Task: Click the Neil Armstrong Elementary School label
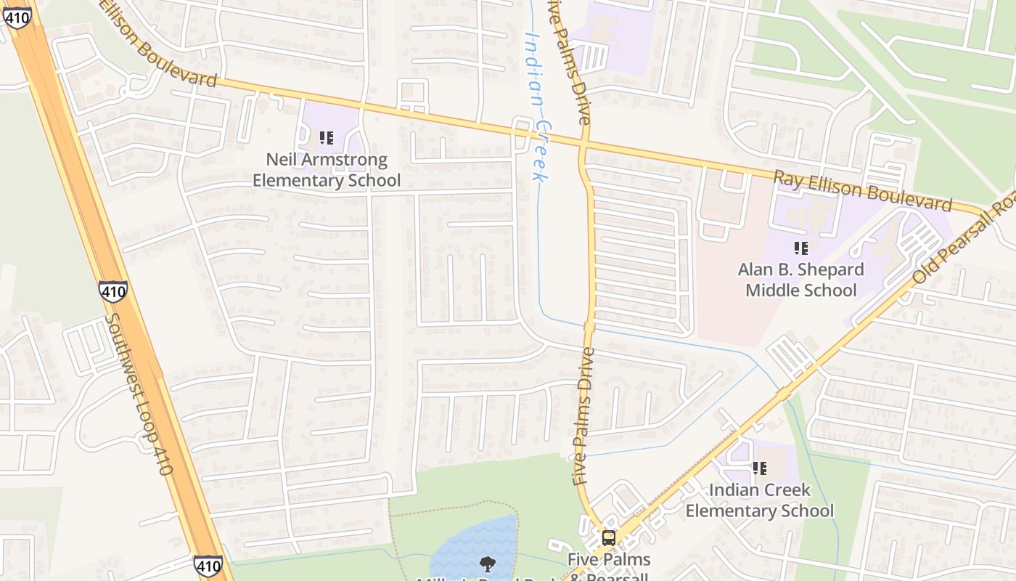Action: pos(326,170)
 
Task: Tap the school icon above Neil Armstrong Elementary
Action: pos(326,137)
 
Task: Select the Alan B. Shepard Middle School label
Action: pos(800,280)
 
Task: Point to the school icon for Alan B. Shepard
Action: pos(800,248)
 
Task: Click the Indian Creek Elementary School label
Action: pos(759,500)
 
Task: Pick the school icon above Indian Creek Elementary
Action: pos(759,468)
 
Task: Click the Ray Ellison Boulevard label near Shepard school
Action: pos(861,190)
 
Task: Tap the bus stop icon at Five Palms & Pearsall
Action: pos(608,538)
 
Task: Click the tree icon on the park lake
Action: pos(488,564)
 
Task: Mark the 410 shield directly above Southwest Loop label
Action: pos(113,292)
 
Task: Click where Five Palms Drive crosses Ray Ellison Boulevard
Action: pos(584,145)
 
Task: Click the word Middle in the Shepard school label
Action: pos(771,290)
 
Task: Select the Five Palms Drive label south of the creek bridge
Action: pos(583,415)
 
